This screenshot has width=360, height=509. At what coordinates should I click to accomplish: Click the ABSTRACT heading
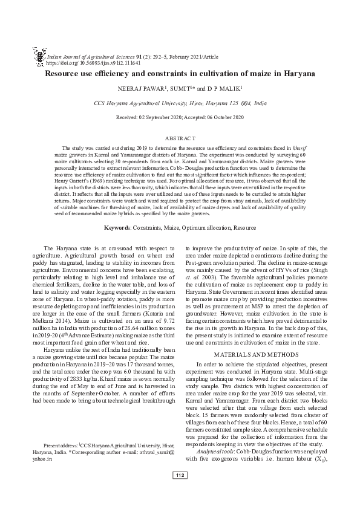point(180,138)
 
